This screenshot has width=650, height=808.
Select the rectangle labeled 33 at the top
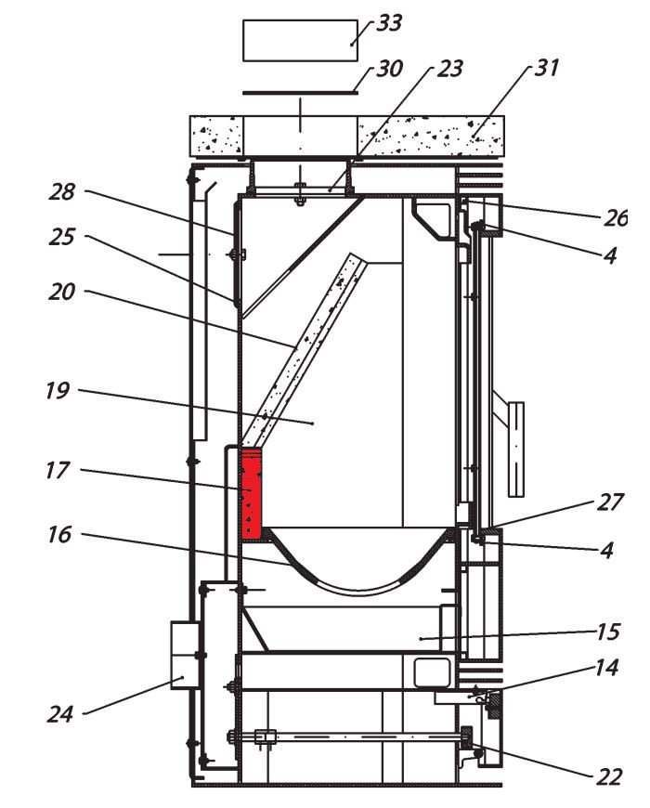[299, 40]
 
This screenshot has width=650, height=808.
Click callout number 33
[387, 23]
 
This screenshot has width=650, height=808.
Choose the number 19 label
[57, 390]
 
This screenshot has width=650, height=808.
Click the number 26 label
[614, 217]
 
